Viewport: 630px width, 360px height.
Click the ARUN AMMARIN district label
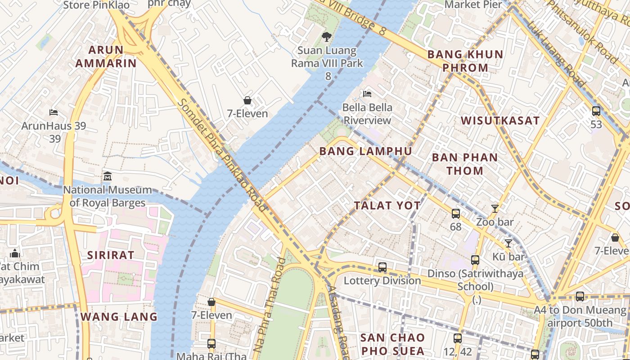106,56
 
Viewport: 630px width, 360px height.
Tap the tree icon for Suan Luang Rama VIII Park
327,37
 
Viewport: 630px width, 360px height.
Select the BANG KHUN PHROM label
465,61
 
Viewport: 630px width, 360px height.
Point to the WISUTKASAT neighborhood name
500,121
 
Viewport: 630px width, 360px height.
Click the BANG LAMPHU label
365,151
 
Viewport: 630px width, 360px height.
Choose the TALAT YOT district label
387,206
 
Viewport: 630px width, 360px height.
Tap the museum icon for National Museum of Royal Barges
108,176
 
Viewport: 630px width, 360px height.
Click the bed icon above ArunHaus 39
54,112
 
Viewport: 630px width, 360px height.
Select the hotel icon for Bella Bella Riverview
367,94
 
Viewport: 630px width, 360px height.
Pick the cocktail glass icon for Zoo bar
495,208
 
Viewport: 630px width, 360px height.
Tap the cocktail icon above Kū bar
508,243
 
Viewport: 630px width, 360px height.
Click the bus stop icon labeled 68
456,213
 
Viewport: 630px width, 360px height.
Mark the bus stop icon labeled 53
596,111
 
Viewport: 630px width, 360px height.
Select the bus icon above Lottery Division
382,267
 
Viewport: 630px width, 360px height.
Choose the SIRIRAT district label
110,255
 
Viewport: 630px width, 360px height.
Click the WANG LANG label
119,317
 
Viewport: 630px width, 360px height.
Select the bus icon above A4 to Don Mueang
580,297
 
